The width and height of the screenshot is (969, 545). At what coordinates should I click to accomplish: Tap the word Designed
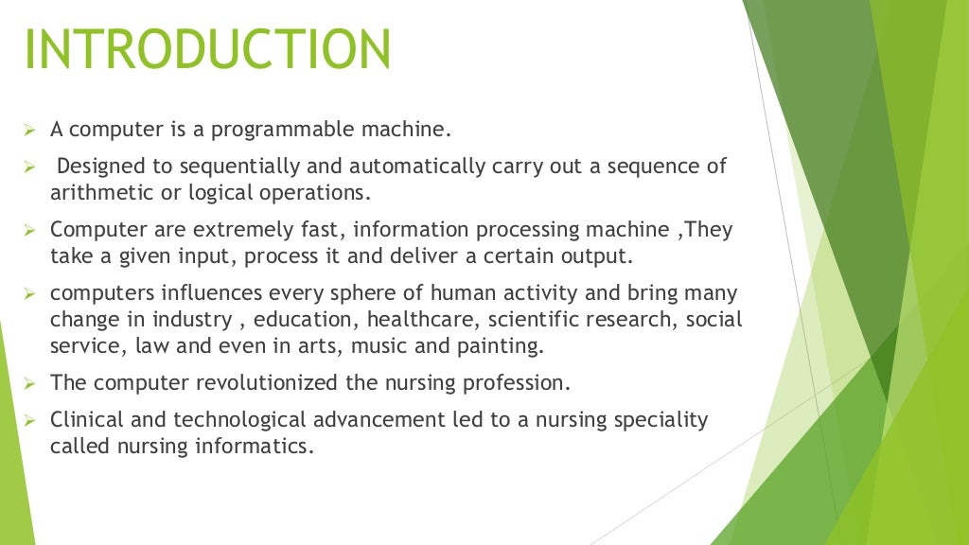point(98,167)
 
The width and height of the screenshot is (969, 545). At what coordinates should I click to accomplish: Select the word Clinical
point(86,419)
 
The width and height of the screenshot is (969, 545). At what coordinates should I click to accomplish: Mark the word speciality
point(661,419)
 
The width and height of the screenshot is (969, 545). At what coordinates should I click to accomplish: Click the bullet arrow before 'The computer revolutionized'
point(28,383)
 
